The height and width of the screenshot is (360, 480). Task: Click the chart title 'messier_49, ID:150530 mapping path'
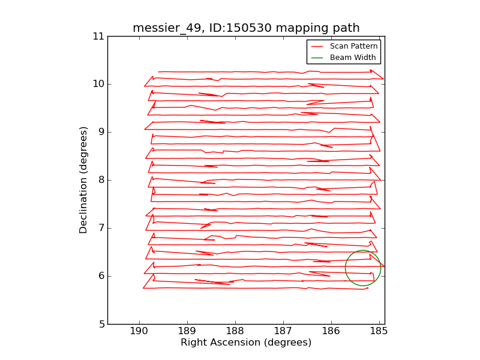click(246, 28)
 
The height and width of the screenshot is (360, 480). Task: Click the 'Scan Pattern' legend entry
click(353, 46)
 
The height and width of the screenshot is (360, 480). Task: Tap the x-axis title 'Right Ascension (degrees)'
click(246, 343)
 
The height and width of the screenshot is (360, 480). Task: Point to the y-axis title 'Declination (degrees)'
click(84, 180)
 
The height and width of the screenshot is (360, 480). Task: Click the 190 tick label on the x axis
click(139, 331)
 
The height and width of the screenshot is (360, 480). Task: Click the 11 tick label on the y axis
click(98, 37)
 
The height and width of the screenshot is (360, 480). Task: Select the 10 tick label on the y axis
click(98, 84)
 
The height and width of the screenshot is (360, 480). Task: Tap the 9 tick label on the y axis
click(101, 132)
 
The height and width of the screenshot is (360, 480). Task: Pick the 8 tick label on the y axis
click(101, 180)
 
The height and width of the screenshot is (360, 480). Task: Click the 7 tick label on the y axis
click(101, 228)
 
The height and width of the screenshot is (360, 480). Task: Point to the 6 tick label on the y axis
click(101, 276)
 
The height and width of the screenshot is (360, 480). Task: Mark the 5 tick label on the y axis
click(101, 324)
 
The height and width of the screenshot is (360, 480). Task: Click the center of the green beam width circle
click(363, 268)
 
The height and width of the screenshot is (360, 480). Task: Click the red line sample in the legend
click(317, 46)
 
